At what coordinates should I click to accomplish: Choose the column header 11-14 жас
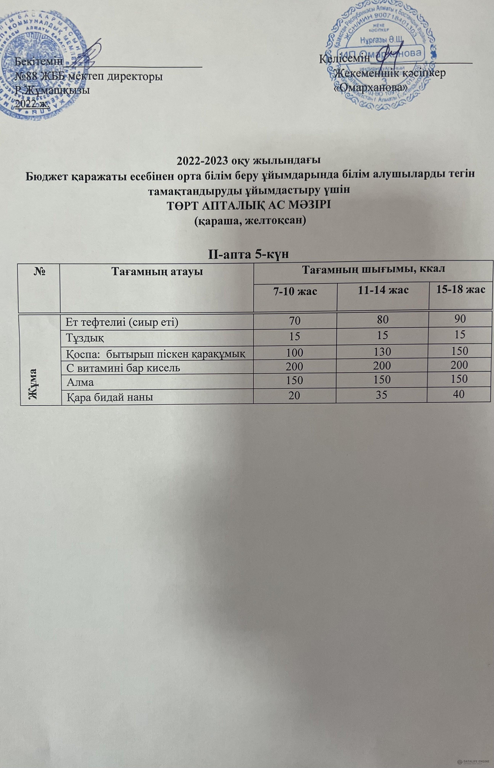(x=383, y=290)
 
